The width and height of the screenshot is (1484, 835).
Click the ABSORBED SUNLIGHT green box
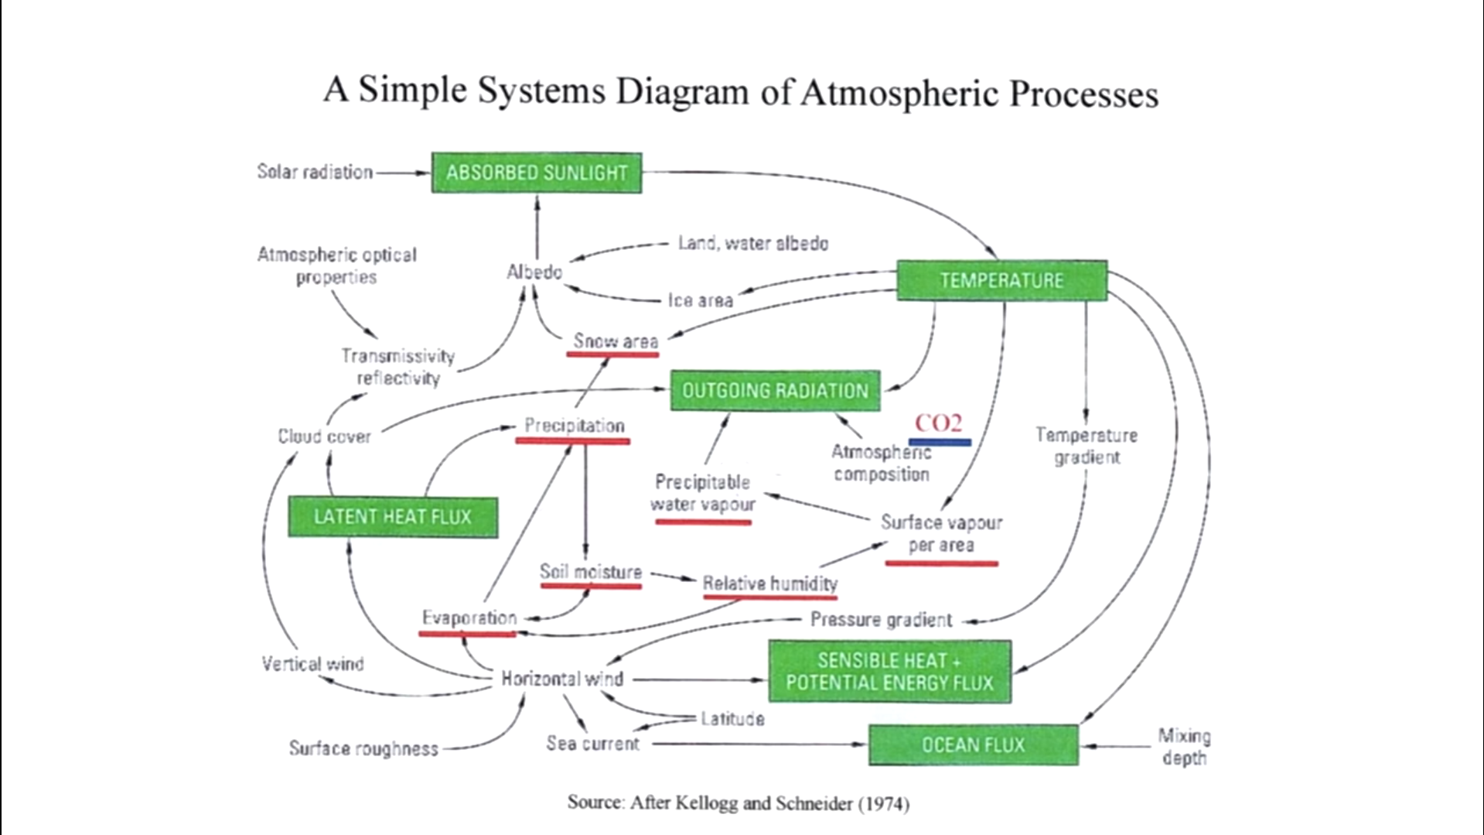pyautogui.click(x=536, y=173)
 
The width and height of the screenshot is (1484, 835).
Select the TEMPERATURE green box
pyautogui.click(x=1001, y=280)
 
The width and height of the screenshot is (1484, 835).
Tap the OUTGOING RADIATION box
pyautogui.click(x=775, y=391)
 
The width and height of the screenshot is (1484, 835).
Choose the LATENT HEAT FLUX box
pyautogui.click(x=393, y=517)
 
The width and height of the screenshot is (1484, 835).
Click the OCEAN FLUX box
pyautogui.click(x=973, y=745)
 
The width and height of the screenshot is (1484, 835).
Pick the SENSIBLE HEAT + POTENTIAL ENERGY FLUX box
pyautogui.click(x=889, y=672)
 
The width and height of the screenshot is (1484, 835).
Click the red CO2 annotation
pyautogui.click(x=938, y=423)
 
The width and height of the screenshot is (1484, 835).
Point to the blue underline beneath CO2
pyautogui.click(x=940, y=443)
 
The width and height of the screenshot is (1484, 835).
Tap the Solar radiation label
pyautogui.click(x=315, y=172)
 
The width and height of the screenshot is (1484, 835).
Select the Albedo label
pyautogui.click(x=534, y=272)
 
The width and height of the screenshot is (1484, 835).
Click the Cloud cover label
pyautogui.click(x=324, y=437)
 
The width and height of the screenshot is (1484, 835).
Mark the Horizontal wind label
pyautogui.click(x=561, y=679)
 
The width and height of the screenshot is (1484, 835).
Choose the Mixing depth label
pyautogui.click(x=1183, y=747)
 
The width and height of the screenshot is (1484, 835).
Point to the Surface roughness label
pyautogui.click(x=363, y=749)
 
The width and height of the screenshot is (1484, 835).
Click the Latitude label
pyautogui.click(x=732, y=719)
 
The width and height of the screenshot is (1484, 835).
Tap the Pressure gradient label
pyautogui.click(x=881, y=620)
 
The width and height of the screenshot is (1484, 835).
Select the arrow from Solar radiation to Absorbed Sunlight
pyautogui.click(x=402, y=173)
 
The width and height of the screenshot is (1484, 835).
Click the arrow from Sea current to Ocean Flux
pyautogui.click(x=758, y=744)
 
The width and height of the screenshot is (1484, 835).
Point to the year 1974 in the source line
pyautogui.click(x=883, y=804)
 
